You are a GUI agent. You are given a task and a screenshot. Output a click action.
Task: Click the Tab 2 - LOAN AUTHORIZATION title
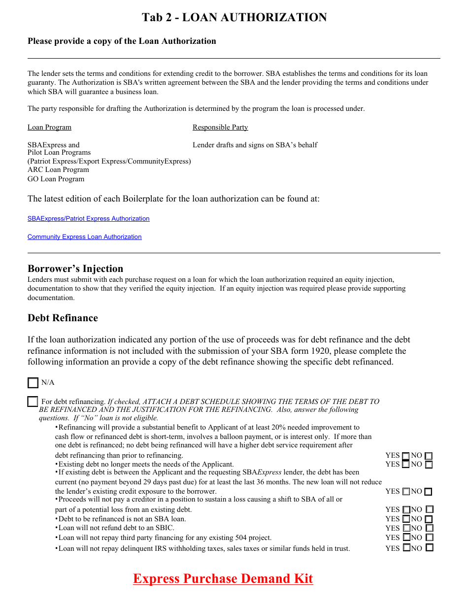(234, 17)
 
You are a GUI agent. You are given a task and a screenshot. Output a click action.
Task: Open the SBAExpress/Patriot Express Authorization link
(88, 218)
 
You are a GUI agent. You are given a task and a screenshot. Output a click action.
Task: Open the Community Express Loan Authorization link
(84, 237)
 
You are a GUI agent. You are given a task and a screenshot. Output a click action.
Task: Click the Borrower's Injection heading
(75, 269)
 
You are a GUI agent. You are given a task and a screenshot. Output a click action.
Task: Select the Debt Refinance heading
(63, 318)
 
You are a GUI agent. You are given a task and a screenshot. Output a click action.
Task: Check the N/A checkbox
(33, 383)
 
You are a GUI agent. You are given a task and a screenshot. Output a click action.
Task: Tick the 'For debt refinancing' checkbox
(33, 402)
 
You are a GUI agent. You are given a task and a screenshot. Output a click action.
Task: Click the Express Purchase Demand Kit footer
(223, 578)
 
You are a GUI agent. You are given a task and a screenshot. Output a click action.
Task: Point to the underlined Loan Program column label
(49, 127)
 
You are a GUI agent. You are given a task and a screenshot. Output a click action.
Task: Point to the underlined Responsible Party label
(220, 127)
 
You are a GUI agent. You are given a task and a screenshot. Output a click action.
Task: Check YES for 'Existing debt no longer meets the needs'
(406, 464)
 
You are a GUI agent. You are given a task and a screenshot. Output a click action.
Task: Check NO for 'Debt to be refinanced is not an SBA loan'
(429, 519)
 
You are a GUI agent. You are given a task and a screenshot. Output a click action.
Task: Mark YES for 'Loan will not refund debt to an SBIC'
(406, 528)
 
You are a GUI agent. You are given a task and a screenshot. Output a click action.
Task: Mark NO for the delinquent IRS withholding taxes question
(429, 548)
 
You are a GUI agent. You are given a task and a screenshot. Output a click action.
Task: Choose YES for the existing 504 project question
(406, 538)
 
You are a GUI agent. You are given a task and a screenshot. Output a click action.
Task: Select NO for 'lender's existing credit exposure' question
(428, 492)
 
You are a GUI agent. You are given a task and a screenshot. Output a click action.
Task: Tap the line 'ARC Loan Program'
(58, 170)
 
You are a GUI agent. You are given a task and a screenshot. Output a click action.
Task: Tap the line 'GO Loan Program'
(56, 179)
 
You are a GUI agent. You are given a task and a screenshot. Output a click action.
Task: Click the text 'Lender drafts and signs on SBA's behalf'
(255, 145)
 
